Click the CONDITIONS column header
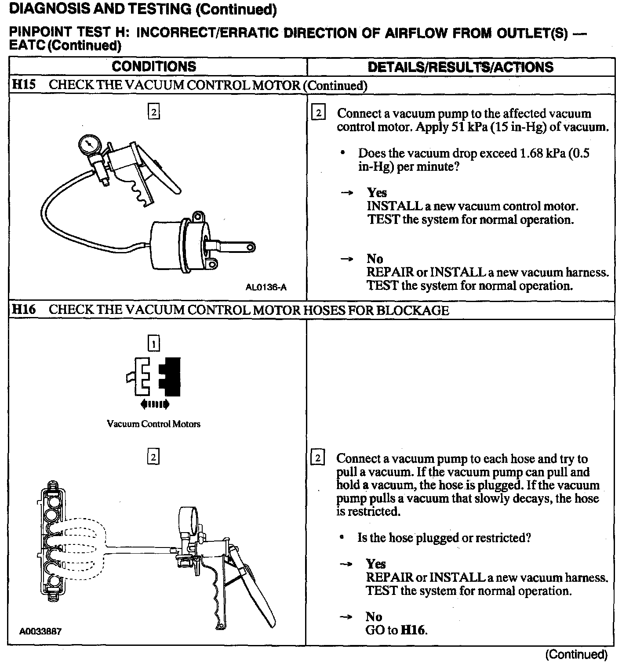point(154,67)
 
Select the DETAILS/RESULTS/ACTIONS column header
point(460,67)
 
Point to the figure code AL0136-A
point(266,288)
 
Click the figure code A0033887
point(40,631)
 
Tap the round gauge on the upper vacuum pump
point(89,144)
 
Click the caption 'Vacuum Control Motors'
point(153,424)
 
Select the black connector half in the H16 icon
point(171,375)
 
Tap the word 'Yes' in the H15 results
point(377,193)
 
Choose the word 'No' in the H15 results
point(375,259)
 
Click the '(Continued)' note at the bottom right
point(576,655)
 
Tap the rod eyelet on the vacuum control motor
point(251,248)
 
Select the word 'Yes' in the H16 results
point(376,564)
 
